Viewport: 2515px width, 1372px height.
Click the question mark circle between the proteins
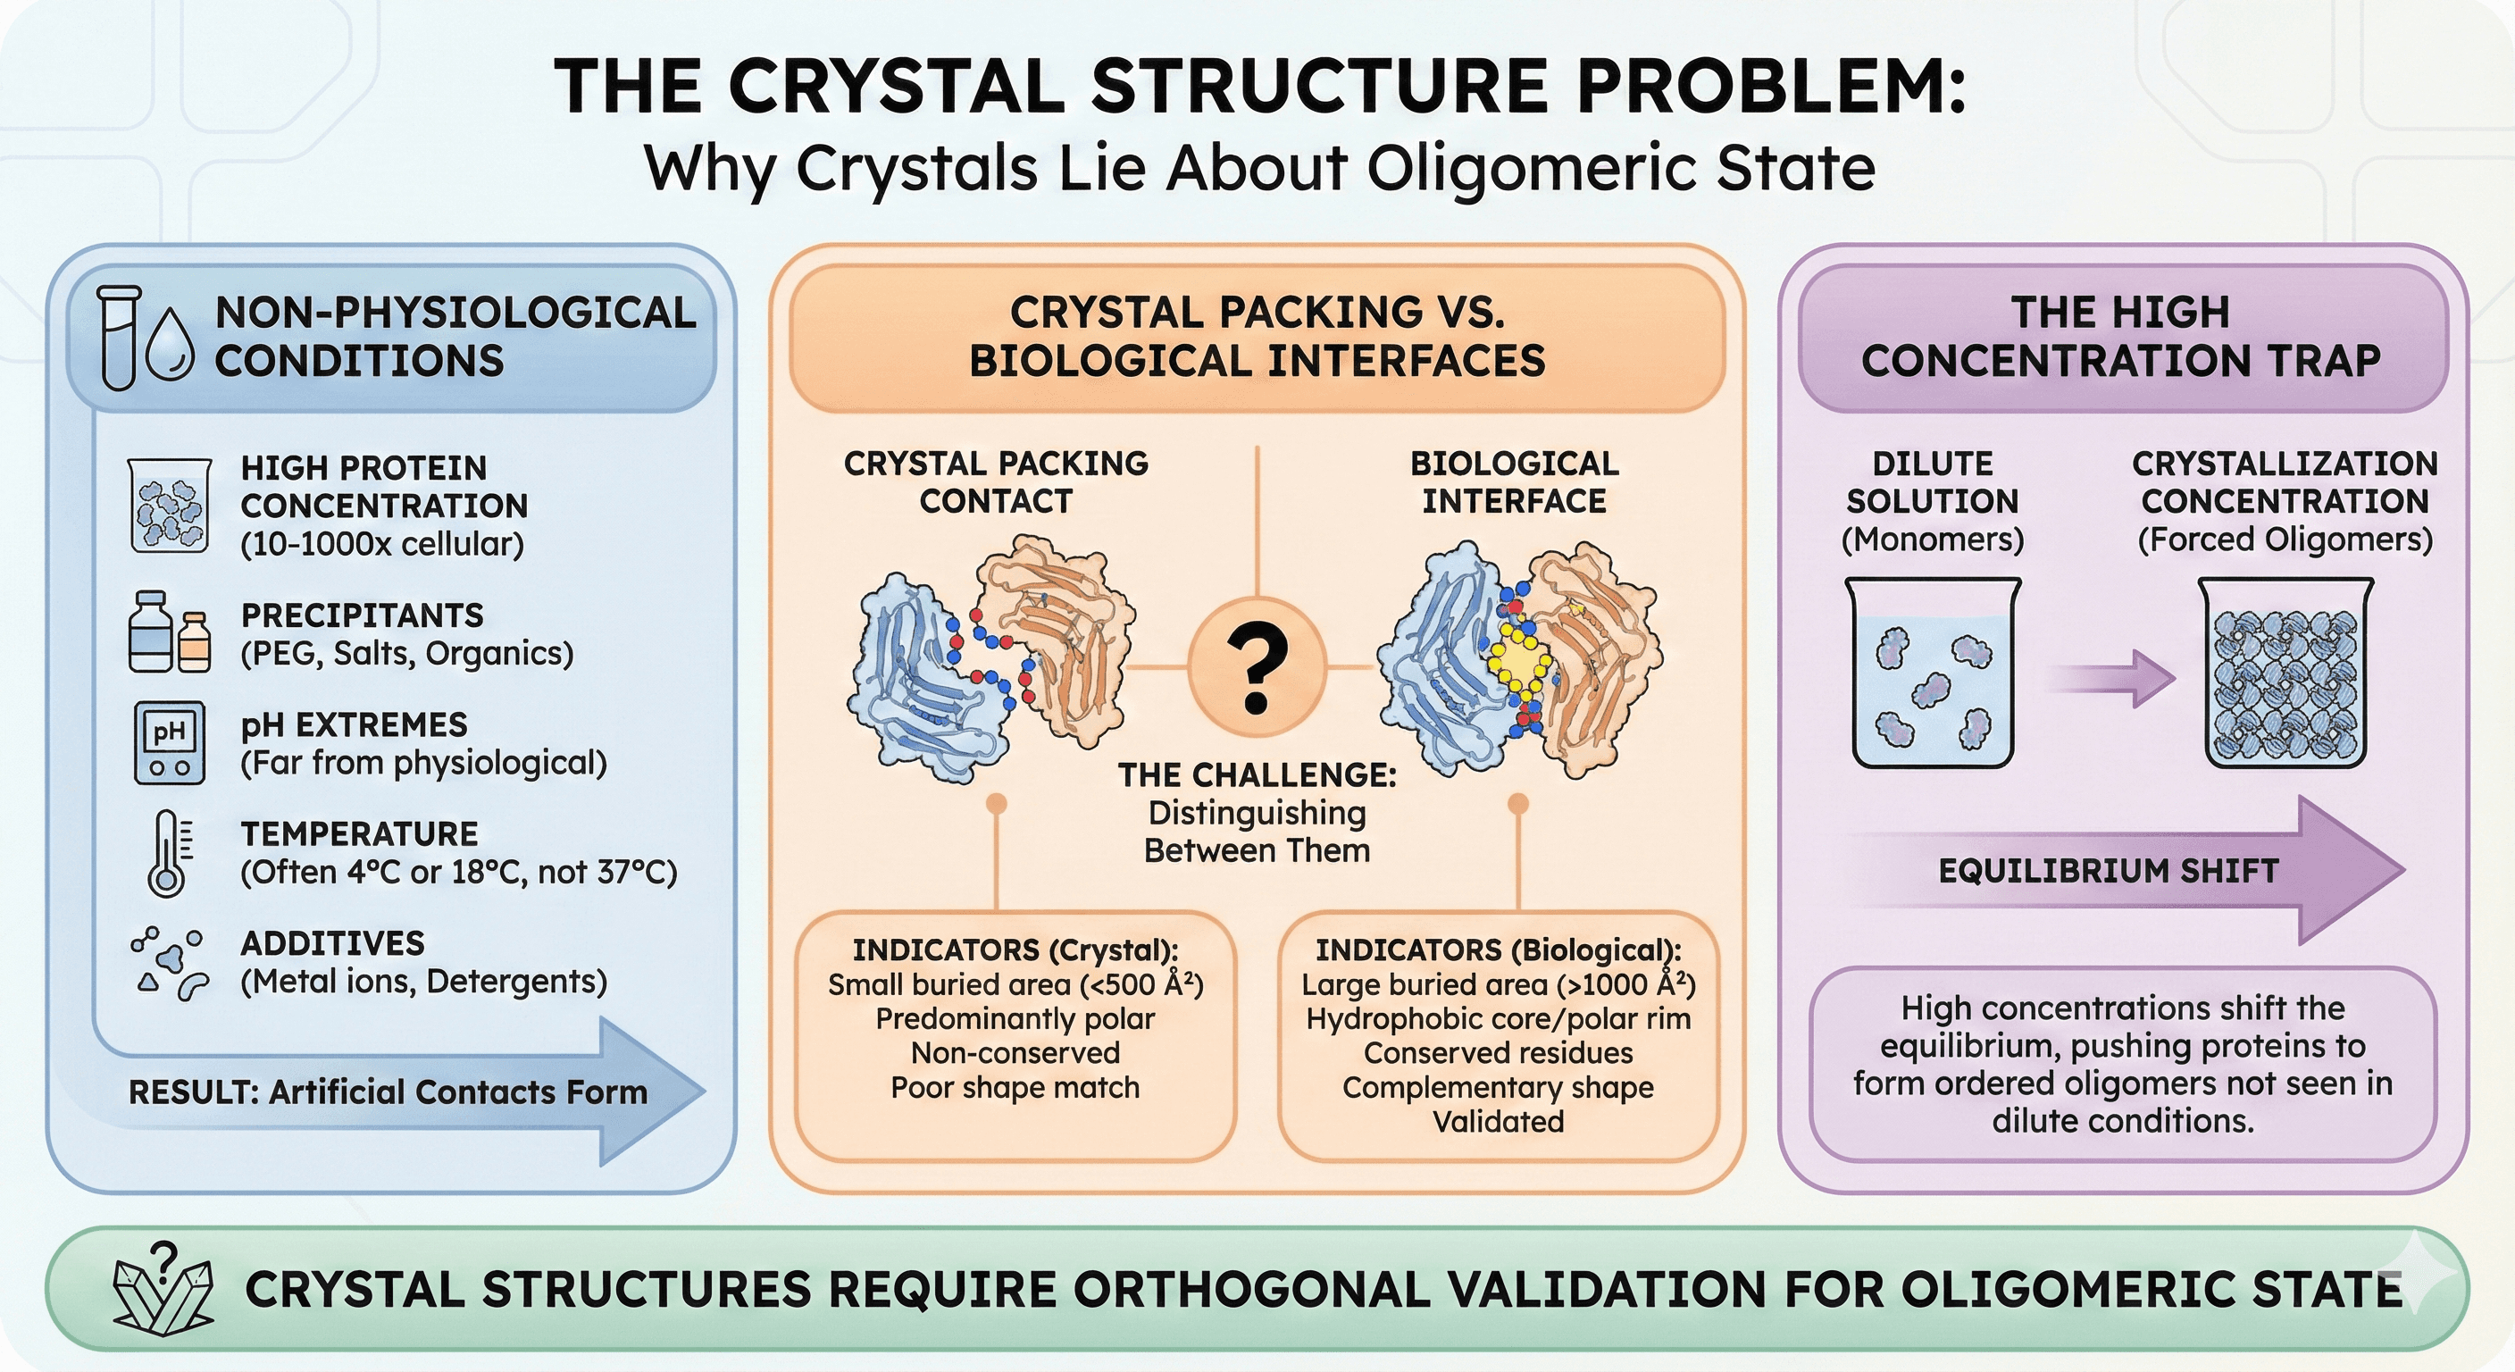1257,668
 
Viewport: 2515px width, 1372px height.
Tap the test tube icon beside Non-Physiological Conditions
120,338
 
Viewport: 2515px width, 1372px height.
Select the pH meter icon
169,743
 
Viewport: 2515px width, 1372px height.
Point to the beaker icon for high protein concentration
169,506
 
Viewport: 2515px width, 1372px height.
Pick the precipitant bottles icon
169,632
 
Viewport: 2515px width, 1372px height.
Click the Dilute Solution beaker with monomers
1932,673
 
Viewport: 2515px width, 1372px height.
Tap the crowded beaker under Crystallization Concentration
2284,673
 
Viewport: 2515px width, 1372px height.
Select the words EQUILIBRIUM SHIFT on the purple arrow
2108,870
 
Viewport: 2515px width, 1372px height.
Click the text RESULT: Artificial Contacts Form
388,1092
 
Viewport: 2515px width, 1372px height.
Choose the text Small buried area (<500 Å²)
1015,984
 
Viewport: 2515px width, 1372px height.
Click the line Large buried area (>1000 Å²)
1499,984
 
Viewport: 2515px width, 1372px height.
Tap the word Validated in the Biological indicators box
1499,1121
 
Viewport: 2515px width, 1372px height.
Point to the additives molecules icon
169,964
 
